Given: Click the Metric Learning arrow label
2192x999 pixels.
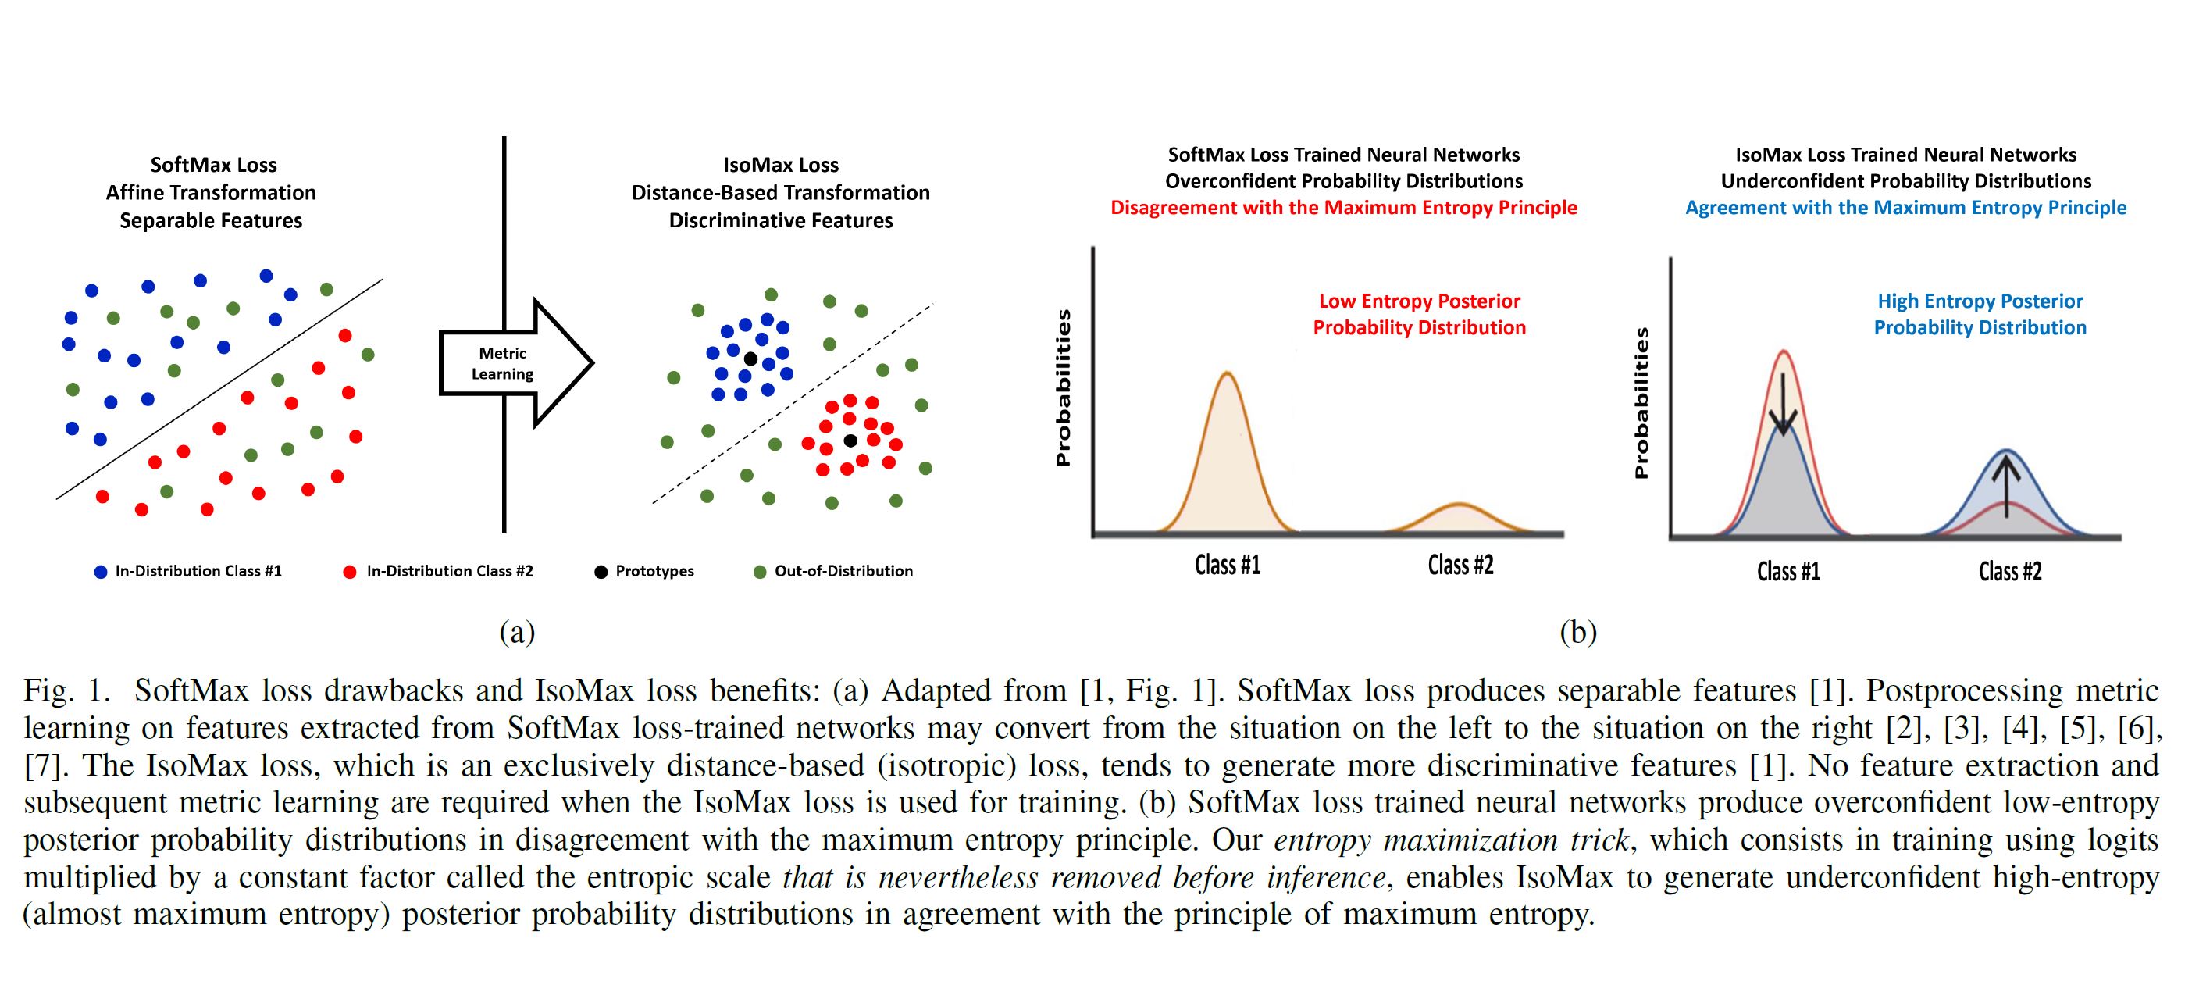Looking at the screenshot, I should point(502,363).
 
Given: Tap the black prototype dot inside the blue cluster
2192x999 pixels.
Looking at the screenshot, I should point(750,359).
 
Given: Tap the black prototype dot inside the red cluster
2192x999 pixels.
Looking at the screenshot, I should point(850,440).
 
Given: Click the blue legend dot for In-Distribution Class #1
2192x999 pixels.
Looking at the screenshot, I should point(101,572).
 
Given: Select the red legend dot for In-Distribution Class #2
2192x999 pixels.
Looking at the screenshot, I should point(349,572).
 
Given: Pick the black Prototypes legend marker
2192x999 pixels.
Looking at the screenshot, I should point(601,572).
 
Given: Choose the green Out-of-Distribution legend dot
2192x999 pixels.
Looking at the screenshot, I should point(760,572).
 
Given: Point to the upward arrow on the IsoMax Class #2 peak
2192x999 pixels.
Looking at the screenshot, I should point(2006,485).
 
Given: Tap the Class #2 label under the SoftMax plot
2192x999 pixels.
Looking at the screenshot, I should point(1460,565).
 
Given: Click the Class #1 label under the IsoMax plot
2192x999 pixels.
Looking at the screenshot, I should point(1787,571).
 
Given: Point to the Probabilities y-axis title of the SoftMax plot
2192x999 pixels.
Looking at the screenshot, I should point(1063,388).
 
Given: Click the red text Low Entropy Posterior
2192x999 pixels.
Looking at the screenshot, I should point(1420,301).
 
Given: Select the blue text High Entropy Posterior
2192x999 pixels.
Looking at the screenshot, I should point(1980,301).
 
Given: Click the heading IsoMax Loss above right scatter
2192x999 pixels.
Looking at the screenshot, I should point(780,165).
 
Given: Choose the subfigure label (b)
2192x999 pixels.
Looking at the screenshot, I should point(1577,632).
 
